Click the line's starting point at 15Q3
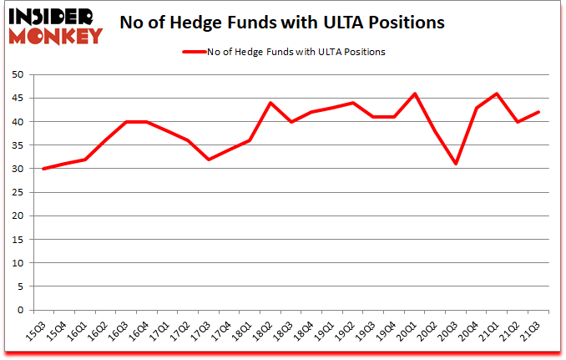point(43,169)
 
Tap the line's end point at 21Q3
point(539,112)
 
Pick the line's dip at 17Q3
point(209,159)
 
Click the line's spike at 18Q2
point(271,103)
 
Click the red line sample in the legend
point(194,52)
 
